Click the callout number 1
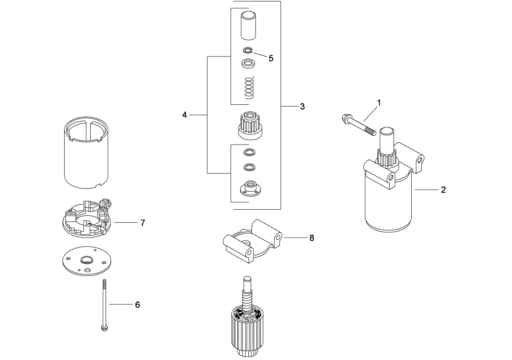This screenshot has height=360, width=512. click(x=379, y=103)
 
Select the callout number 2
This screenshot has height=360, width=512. click(x=443, y=190)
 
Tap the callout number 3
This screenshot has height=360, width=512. click(x=302, y=106)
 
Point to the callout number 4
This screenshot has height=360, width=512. click(x=184, y=115)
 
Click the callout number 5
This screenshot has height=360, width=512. click(x=271, y=58)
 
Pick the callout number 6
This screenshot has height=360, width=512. click(x=137, y=304)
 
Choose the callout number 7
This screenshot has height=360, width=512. click(x=143, y=223)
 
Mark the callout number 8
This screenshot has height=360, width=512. click(x=312, y=238)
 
